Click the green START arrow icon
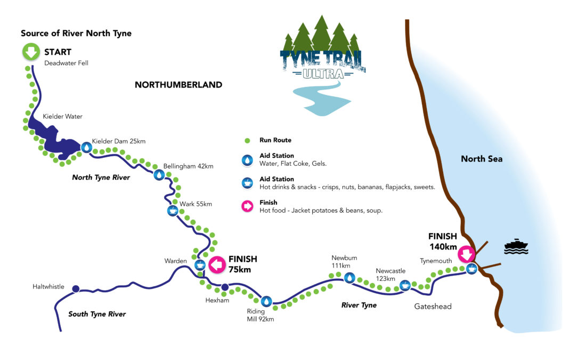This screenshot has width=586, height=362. click(x=31, y=53)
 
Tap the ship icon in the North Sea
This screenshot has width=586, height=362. click(x=516, y=247)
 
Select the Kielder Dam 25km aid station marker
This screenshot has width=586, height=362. click(x=86, y=146)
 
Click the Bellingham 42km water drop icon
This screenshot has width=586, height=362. click(x=158, y=175)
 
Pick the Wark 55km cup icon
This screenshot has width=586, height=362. click(x=172, y=211)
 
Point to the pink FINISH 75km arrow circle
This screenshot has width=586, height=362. click(x=216, y=264)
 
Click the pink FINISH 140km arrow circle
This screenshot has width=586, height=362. click(x=467, y=254)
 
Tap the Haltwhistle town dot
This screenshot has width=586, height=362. click(x=76, y=288)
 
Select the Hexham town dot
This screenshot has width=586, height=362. click(x=225, y=288)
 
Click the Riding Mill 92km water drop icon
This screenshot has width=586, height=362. click(x=266, y=301)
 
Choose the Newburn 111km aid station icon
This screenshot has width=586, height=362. click(x=349, y=277)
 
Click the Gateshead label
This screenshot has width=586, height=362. click(x=433, y=307)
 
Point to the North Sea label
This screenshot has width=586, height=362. click(x=481, y=159)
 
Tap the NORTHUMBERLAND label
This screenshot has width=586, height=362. click(x=178, y=85)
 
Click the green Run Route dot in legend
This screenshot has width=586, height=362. click(x=247, y=141)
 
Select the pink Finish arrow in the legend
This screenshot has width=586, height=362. click(x=247, y=206)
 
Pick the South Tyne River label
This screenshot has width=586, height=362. click(x=97, y=314)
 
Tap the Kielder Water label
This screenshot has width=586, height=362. click(x=63, y=116)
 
